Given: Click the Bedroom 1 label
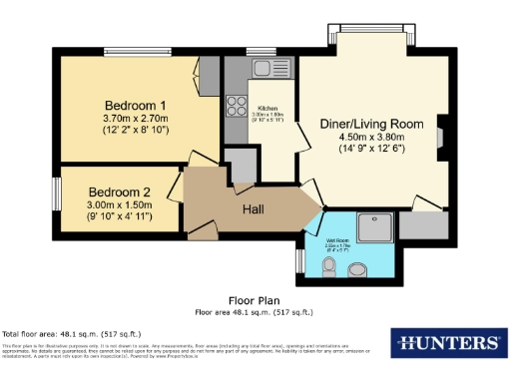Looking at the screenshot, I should [x=135, y=105].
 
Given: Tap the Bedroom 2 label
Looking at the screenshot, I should [x=119, y=192].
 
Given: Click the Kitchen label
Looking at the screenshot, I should [x=267, y=108].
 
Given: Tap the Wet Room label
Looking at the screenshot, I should [x=335, y=240].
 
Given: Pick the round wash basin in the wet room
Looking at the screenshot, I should [x=362, y=267].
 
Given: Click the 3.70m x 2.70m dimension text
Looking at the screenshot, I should [x=135, y=119].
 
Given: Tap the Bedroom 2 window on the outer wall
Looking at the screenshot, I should [x=57, y=191].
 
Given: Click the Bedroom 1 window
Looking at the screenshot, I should [x=136, y=52].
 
